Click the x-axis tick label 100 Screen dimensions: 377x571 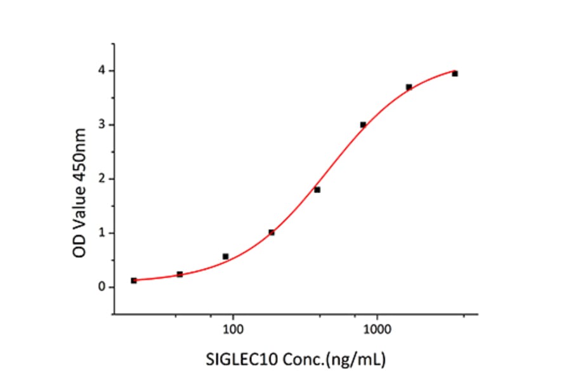pos(233,331)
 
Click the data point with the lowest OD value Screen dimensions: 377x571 pos(134,281)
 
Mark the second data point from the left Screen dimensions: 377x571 pos(180,274)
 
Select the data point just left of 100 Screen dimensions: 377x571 pos(225,256)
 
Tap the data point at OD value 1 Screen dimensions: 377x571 pos(272,232)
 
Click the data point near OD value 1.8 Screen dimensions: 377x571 pos(317,190)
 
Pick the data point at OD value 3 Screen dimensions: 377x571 pos(363,124)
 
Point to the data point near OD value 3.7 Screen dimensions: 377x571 pos(409,87)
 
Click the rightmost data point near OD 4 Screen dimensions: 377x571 pos(455,74)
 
